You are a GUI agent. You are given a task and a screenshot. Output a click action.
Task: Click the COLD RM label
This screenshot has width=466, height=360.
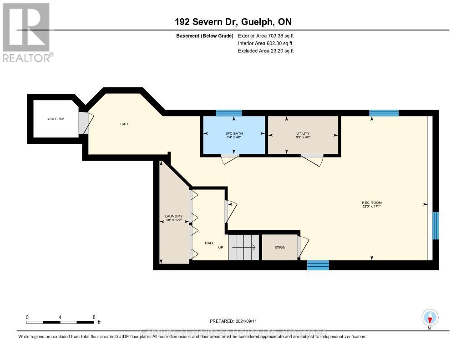pyautogui.click(x=56, y=119)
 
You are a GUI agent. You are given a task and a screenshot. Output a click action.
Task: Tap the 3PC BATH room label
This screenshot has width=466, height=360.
pyautogui.click(x=234, y=133)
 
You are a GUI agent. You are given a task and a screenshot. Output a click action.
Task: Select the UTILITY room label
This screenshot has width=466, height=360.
pyautogui.click(x=303, y=133)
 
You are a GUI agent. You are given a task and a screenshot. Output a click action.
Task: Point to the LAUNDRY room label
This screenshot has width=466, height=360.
pyautogui.click(x=173, y=216)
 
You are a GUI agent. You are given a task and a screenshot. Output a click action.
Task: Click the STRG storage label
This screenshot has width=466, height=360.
pyautogui.click(x=279, y=247)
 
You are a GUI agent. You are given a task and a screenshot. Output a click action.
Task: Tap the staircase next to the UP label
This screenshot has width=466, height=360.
pyautogui.click(x=243, y=248)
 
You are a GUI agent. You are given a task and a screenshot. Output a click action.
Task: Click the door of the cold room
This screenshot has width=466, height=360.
pyautogui.click(x=83, y=123)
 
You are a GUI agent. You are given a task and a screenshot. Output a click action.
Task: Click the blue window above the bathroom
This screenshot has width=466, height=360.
pyautogui.click(x=229, y=113)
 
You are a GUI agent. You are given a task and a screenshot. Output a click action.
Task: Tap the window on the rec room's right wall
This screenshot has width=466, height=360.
pyautogui.click(x=435, y=226)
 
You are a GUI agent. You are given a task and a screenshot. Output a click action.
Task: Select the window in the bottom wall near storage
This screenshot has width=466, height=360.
pyautogui.click(x=318, y=265)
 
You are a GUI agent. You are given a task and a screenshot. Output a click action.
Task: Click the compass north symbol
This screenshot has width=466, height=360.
pyautogui.click(x=429, y=317)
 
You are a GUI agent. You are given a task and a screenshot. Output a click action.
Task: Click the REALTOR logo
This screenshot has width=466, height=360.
pyautogui.click(x=26, y=32)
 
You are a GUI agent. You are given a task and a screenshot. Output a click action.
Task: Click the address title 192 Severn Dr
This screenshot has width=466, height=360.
pyautogui.click(x=233, y=22)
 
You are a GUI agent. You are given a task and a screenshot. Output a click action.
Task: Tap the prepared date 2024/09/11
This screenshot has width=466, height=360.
pyautogui.click(x=236, y=321)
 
